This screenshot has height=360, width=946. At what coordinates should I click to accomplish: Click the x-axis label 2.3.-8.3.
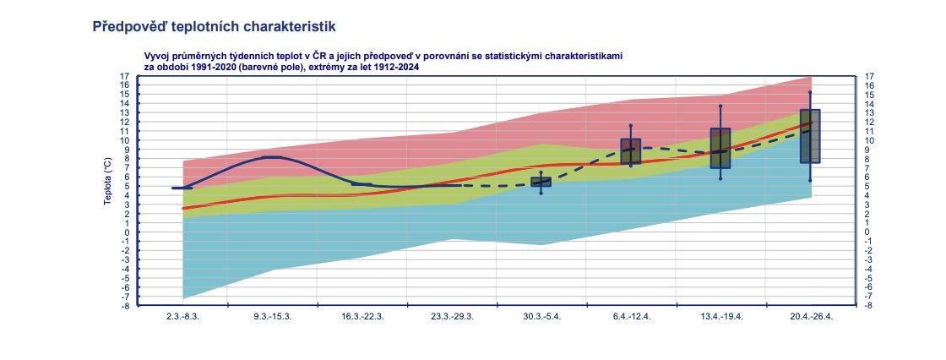(x=182, y=317)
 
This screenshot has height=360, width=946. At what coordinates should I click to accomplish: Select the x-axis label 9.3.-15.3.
(x=273, y=317)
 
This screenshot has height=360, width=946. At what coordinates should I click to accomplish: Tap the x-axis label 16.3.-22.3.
(x=362, y=317)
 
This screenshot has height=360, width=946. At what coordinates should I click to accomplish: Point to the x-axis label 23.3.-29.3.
(x=452, y=317)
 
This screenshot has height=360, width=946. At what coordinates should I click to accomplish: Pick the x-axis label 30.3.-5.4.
(x=541, y=317)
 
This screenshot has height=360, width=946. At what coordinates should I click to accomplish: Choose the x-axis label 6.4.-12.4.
(x=631, y=317)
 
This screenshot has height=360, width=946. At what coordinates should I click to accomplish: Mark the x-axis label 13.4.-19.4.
(x=721, y=317)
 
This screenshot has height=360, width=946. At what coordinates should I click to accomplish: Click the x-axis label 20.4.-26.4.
(x=811, y=317)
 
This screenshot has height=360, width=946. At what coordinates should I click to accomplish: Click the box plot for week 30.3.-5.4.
(x=541, y=182)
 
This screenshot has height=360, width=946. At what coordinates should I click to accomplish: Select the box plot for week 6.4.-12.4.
(x=631, y=151)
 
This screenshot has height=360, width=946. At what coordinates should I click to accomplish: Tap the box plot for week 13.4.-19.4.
(x=720, y=148)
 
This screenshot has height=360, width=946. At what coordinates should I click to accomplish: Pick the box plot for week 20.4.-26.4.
(x=810, y=136)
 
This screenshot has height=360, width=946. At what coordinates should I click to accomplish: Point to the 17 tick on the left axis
(x=124, y=76)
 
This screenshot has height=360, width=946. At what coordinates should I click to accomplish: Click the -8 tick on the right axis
(x=870, y=305)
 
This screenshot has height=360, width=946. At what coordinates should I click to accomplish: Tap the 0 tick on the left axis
(x=126, y=232)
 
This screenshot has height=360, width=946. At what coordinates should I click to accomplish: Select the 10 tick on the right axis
(x=870, y=140)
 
